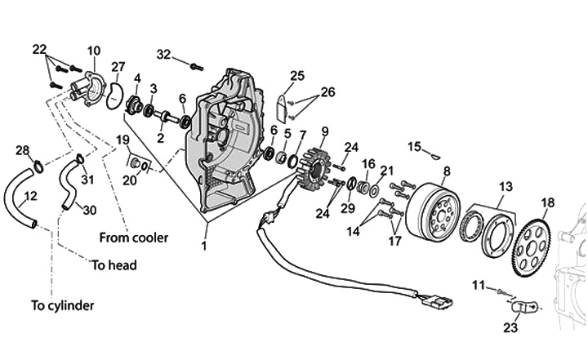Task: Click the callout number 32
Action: pos(163,55)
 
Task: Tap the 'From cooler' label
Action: pos(133,238)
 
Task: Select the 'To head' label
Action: pos(114,265)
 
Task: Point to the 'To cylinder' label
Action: pos(62,305)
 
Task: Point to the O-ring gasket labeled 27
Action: pos(115,96)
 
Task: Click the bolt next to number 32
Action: pos(197,68)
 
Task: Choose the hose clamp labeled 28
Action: pos(38,166)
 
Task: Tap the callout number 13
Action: pos(506,186)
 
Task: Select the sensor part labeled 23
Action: pos(525,306)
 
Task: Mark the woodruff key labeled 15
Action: pos(436,157)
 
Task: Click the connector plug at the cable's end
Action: pos(436,300)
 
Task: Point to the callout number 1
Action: pos(204,246)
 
